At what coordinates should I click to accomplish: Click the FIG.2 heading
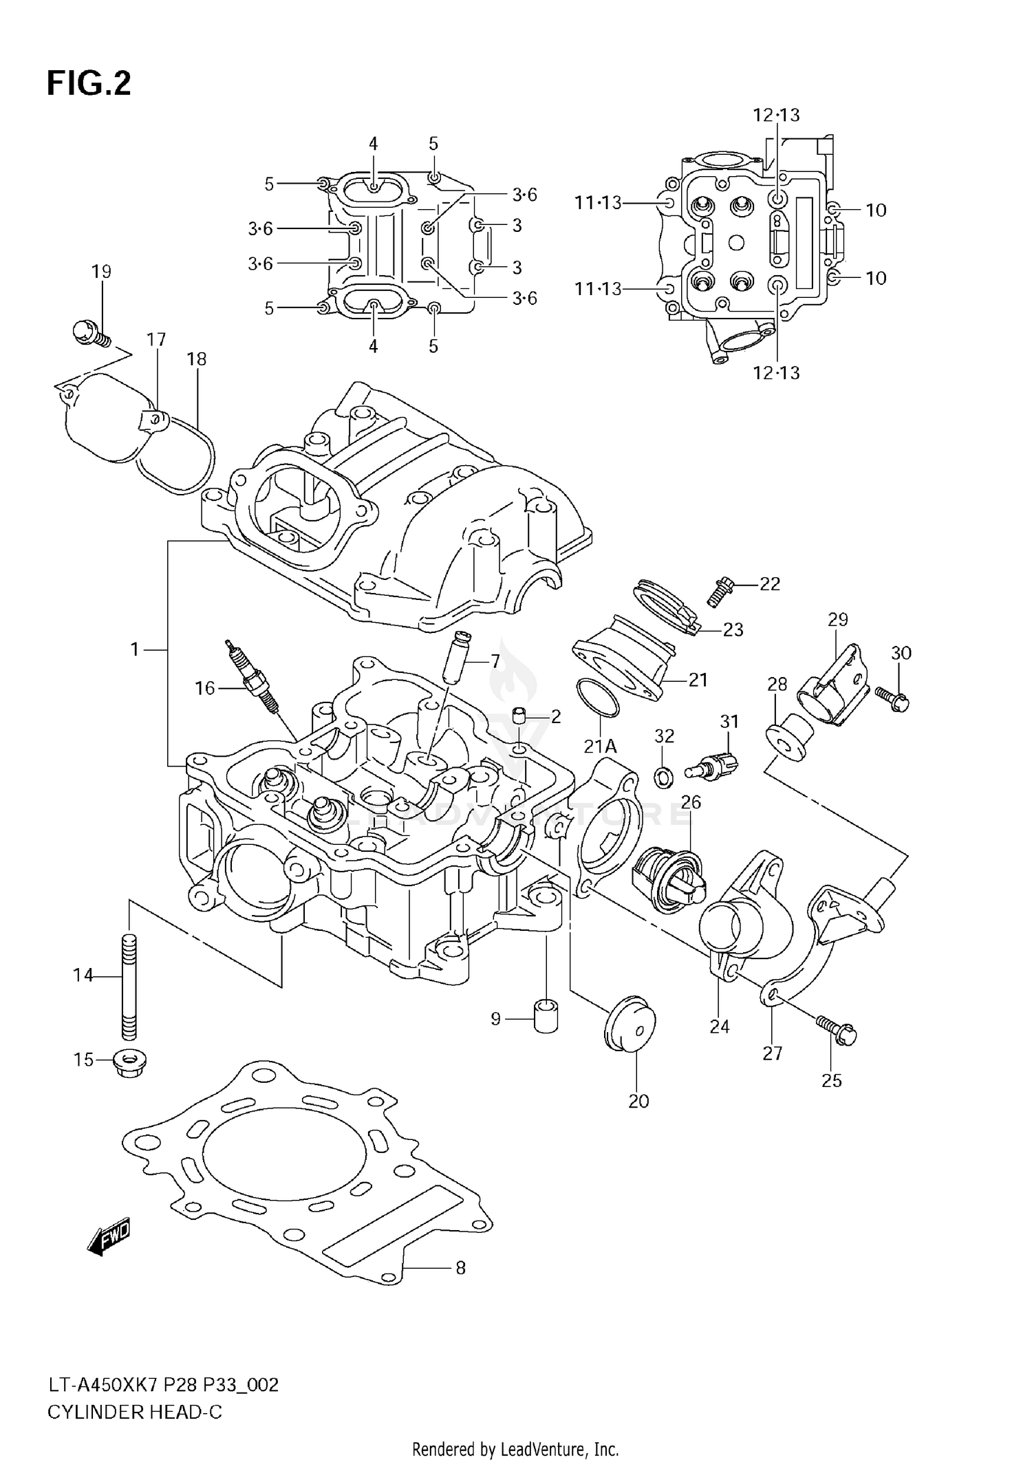88,84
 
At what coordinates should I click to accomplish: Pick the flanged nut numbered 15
129,1064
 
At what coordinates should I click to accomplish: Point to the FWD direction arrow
109,1239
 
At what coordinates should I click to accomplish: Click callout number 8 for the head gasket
460,1267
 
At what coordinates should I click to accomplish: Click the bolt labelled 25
837,1031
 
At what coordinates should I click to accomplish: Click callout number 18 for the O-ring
197,359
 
